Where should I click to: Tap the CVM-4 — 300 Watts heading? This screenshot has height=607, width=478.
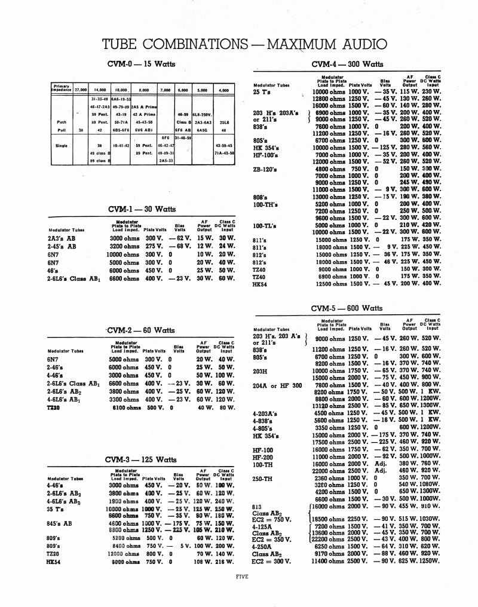tap(347, 64)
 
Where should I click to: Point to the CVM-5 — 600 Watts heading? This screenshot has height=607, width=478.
tap(347, 308)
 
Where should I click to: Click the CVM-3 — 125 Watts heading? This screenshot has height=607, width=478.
tap(140, 459)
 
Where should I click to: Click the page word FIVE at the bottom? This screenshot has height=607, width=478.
tap(242, 577)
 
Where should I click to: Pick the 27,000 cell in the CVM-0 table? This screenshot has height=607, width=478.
tap(79, 90)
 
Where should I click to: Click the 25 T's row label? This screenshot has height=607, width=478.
tap(264, 92)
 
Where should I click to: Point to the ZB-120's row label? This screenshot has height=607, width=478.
tap(265, 170)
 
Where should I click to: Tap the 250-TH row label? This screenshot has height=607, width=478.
tap(263, 478)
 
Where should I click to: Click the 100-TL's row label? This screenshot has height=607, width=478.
tap(265, 225)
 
